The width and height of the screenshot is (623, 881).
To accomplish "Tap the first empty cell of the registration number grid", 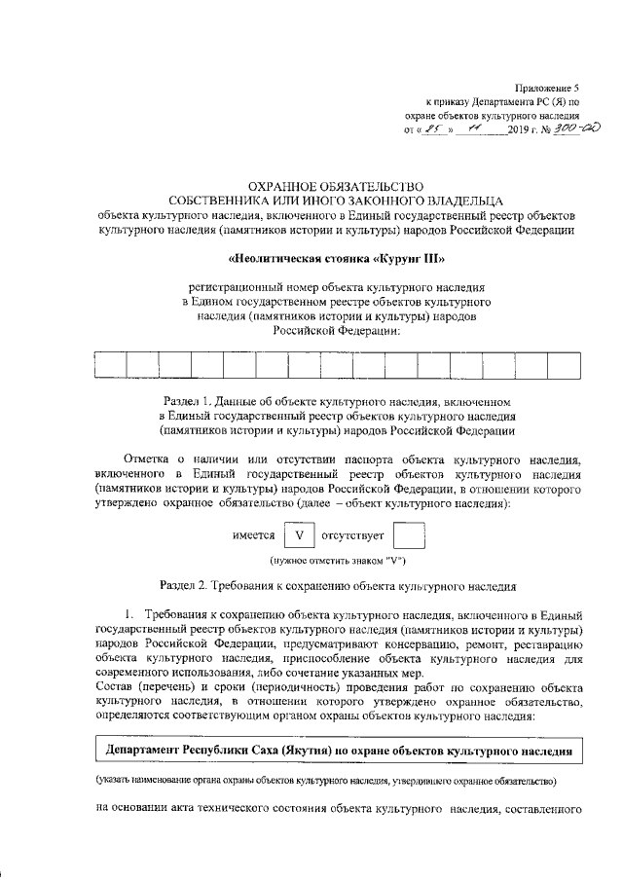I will [110, 364].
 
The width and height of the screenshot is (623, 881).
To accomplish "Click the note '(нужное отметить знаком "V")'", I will [338, 561].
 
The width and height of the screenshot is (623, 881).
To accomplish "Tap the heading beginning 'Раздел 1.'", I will [336, 401].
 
